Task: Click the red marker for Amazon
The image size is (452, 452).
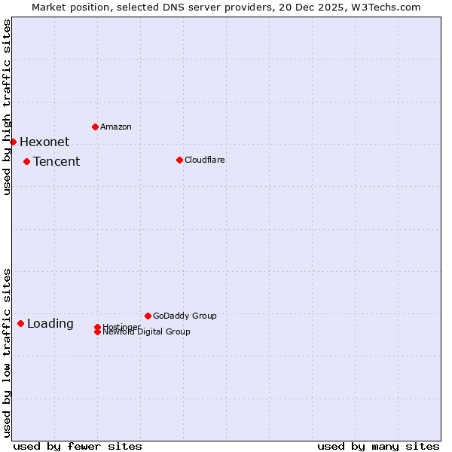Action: (95, 127)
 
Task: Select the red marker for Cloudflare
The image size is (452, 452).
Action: (179, 160)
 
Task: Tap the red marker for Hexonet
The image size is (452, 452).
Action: (13, 142)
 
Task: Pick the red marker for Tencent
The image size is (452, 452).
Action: (26, 161)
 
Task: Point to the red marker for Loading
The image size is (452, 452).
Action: (20, 323)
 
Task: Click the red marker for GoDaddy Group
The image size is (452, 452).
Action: (148, 316)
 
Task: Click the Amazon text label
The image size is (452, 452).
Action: (116, 127)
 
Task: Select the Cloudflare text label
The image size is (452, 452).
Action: (205, 160)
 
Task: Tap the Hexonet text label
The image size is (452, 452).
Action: (44, 142)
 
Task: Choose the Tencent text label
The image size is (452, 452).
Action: (56, 161)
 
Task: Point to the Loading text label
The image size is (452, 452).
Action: (50, 324)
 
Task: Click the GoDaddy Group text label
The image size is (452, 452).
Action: (185, 316)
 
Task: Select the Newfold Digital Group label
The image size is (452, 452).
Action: (147, 332)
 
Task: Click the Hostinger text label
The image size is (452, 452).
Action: (121, 326)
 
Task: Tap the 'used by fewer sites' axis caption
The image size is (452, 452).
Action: (78, 446)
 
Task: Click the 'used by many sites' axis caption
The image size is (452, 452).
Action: (378, 446)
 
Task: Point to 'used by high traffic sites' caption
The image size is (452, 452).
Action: (7, 107)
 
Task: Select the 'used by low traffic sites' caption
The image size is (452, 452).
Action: (7, 352)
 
